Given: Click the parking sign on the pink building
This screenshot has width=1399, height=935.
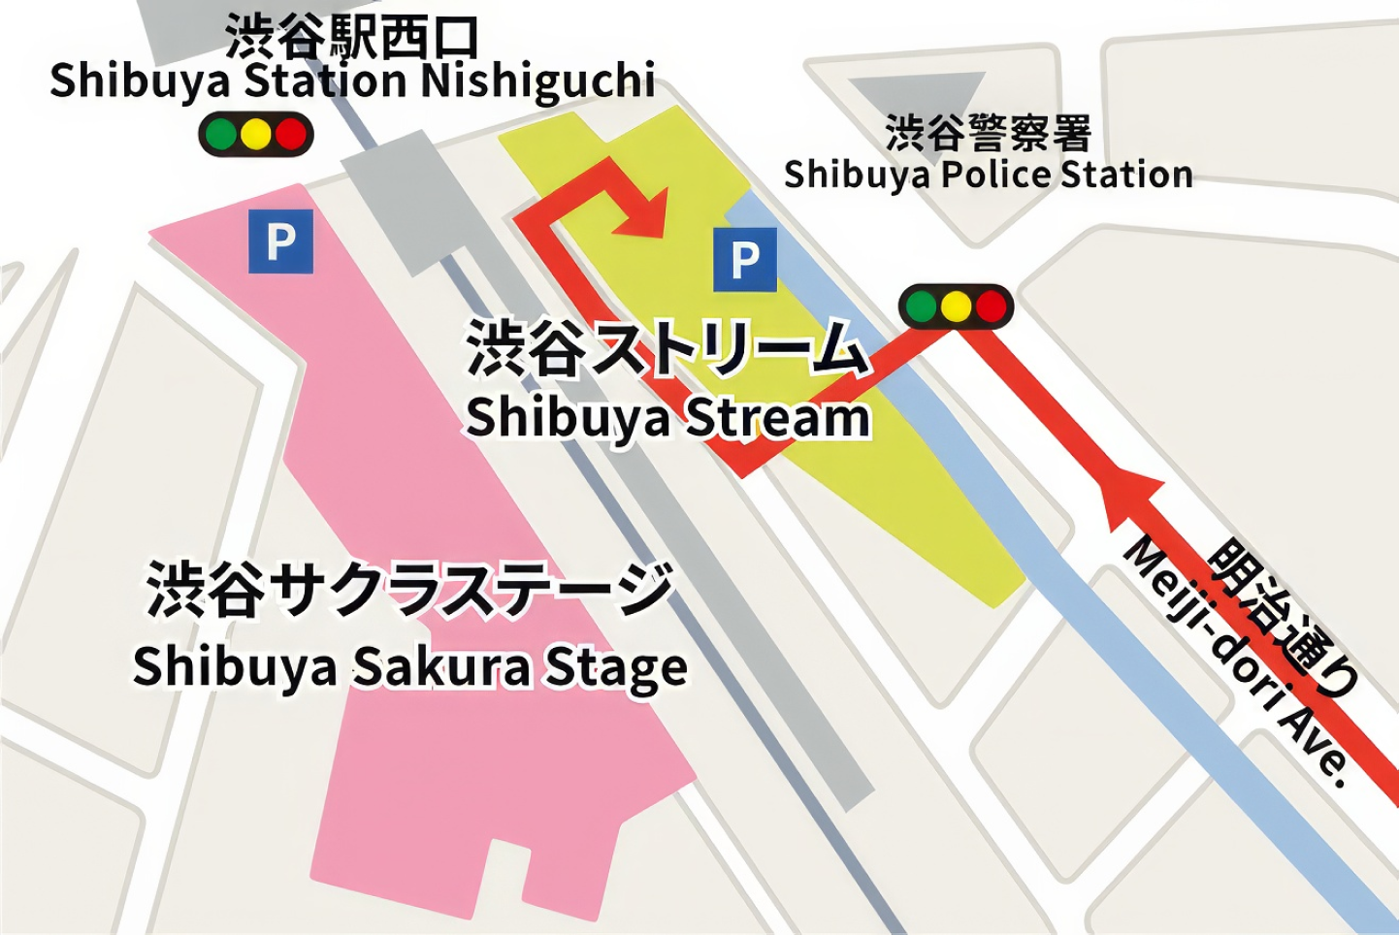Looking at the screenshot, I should coord(280,241).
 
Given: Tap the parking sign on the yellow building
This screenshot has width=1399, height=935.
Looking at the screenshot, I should coord(744,260).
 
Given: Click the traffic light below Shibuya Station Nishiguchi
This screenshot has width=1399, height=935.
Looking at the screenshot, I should coord(256,135).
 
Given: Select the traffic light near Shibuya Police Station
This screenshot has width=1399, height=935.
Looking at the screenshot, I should coord(956,307).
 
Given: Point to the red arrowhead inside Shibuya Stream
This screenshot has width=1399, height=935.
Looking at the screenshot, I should coord(642,216).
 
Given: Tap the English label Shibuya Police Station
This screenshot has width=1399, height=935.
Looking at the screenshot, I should coord(988,176).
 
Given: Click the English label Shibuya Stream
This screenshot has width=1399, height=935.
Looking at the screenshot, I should coord(667,419).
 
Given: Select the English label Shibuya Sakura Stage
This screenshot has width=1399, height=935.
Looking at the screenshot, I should coord(409,667).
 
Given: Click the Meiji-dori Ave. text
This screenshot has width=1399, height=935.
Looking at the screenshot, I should coord(1235,661).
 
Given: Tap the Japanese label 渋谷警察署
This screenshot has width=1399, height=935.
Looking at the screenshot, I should coord(988,133).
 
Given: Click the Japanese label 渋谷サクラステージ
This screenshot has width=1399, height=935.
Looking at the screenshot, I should coord(409,590).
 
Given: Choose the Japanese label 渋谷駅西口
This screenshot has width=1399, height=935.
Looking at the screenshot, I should coord(352,37).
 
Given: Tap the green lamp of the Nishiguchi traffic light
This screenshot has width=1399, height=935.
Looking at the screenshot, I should coord(221,135).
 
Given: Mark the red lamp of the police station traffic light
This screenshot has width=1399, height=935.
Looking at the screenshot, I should coord(991,307).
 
